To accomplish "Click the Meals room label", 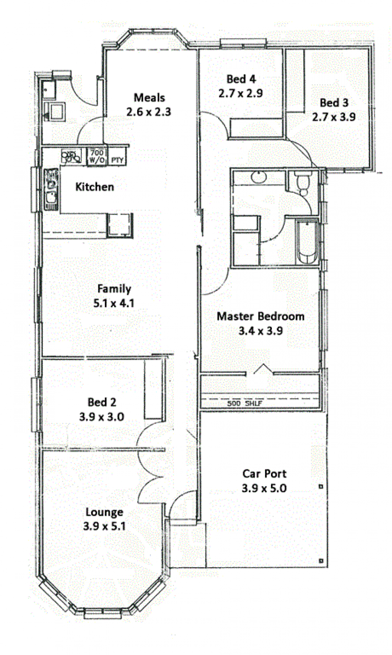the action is coord(149,98).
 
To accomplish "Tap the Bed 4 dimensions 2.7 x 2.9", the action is coord(241,93).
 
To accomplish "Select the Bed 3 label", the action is coord(334,103).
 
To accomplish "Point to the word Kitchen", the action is coord(95,187).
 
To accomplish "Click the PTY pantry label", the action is coord(118,160).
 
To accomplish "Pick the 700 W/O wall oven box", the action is coord(97,157).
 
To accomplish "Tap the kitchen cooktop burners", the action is coord(72,156).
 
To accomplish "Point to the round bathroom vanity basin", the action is coord(259,177).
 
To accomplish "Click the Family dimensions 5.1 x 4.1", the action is coord(114,303).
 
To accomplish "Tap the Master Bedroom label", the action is coord(261,316).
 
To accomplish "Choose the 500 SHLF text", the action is coord(245,404).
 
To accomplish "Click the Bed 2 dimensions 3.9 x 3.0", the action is coord(101,417).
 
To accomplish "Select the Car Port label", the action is coord(264,473).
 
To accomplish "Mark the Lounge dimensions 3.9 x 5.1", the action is coord(104,526).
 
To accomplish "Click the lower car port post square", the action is coord(321,560).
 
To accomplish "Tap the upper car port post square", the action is coord(321,487).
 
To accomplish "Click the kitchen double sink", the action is coord(51,189).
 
